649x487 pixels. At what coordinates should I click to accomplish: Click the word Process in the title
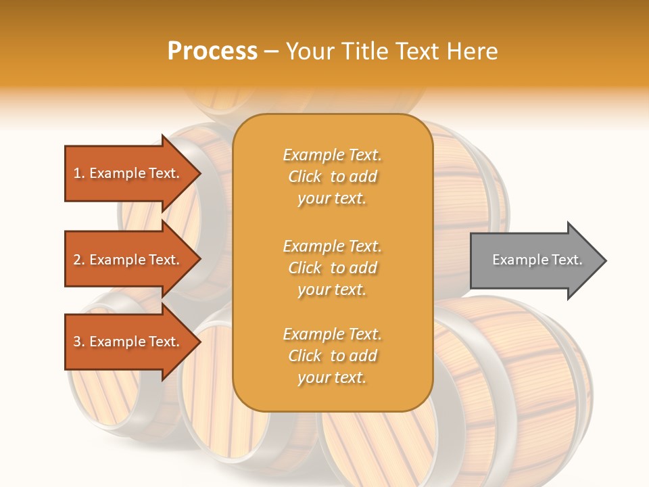tap(212, 51)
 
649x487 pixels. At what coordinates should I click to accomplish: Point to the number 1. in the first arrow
tap(79, 173)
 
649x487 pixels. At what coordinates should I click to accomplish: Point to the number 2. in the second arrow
tap(79, 260)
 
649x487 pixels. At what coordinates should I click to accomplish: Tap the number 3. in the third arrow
tap(79, 342)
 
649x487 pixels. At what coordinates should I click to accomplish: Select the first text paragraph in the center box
tap(332, 177)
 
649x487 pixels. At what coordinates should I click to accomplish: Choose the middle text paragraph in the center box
tap(332, 268)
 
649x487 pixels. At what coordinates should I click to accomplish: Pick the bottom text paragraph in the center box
tap(332, 356)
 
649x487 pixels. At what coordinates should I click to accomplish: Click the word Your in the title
tap(308, 51)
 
